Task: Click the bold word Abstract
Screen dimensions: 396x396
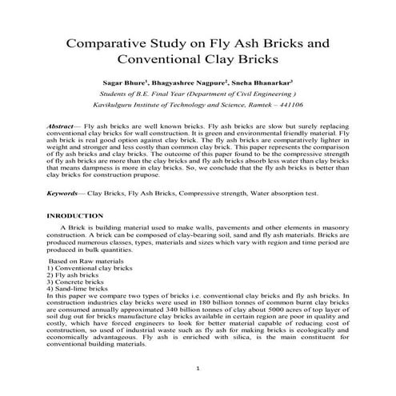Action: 62,126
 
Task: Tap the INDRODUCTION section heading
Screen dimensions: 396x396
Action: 76,216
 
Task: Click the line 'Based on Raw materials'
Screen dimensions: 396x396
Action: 83,261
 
